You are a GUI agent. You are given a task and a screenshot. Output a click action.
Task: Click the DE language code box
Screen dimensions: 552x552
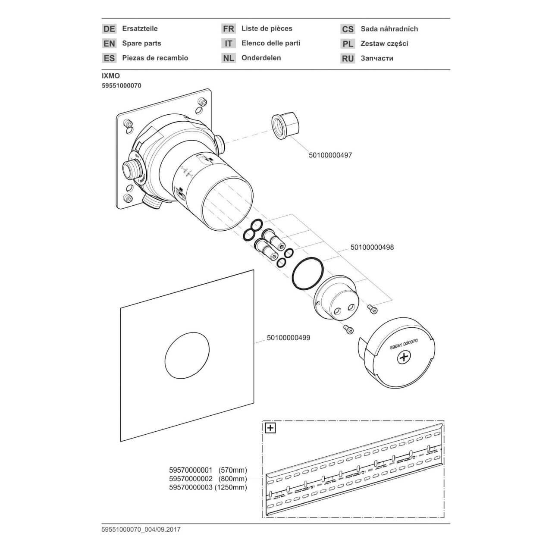[110, 29]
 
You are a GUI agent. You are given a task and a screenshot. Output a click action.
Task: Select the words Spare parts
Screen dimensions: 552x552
[141, 43]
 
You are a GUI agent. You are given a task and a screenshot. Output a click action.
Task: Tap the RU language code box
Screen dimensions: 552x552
[348, 58]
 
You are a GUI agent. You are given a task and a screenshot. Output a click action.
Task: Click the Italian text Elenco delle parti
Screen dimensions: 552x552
[271, 43]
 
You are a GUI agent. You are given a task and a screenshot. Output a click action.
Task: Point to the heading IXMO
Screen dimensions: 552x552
[111, 76]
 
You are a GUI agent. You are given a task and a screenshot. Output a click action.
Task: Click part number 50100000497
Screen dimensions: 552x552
[330, 155]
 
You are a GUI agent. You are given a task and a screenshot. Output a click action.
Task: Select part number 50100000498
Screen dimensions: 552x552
[372, 248]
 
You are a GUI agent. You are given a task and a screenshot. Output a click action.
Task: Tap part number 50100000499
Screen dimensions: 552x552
[289, 338]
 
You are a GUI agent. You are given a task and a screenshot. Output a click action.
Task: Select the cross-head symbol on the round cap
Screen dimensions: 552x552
[404, 357]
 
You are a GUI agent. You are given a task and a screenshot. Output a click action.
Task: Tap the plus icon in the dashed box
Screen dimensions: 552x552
[270, 428]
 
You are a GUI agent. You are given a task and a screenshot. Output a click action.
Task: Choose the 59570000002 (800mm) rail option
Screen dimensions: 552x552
[208, 479]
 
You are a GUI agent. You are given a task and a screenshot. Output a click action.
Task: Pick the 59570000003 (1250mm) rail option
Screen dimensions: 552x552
[208, 487]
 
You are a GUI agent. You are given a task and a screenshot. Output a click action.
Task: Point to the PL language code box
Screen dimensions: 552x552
[348, 44]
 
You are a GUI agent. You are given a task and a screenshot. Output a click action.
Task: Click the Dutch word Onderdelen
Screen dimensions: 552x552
[261, 58]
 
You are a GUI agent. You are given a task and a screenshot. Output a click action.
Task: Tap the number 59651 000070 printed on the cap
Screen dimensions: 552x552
[404, 340]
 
